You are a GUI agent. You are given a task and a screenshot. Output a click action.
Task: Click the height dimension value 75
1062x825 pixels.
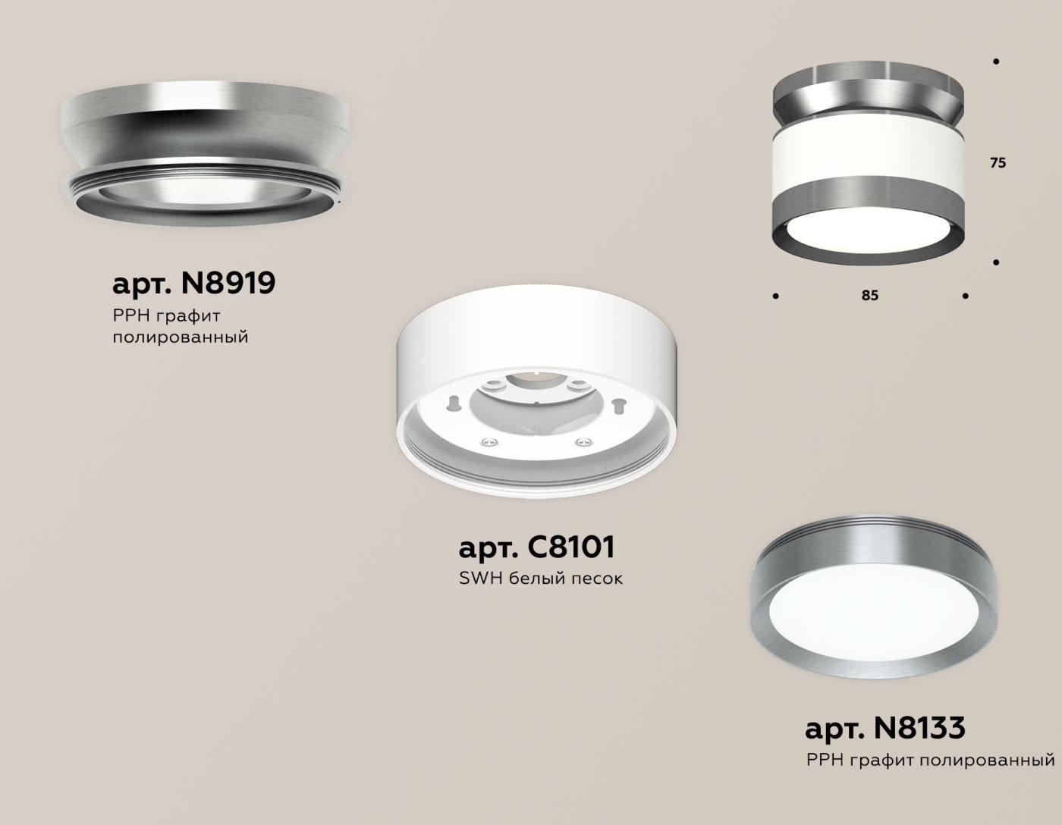click(x=998, y=162)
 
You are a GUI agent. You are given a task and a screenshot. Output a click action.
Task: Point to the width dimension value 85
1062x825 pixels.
click(x=869, y=295)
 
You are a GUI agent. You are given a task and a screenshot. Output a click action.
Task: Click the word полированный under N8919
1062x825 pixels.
click(x=181, y=337)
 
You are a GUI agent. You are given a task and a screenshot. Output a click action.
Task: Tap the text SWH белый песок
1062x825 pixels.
click(x=540, y=579)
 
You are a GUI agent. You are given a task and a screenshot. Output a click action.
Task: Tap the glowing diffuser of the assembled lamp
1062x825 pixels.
click(x=868, y=231)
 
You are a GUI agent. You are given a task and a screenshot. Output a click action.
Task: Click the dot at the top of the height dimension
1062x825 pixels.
click(x=996, y=61)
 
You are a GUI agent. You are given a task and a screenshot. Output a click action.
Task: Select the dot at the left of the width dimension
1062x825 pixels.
click(x=775, y=296)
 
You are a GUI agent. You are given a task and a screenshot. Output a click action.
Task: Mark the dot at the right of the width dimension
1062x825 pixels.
click(x=965, y=296)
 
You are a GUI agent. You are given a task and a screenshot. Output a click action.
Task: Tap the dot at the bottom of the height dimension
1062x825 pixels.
click(x=996, y=262)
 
